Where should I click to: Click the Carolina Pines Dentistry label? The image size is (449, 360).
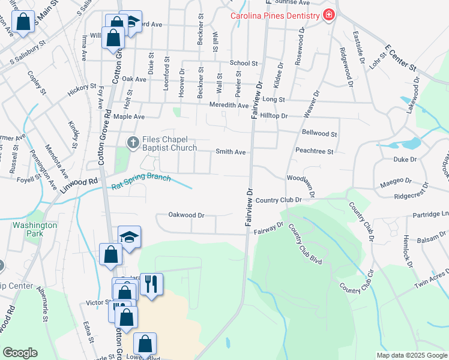coord(275,15)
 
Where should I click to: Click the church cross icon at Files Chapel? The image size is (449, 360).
coord(133,142)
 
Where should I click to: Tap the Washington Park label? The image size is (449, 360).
coord(34,230)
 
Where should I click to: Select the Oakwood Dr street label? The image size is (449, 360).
coord(187,215)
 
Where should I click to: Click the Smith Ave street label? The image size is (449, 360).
coord(231,152)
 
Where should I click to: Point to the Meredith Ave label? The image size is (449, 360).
coord(229,106)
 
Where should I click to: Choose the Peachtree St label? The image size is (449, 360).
coord(314,152)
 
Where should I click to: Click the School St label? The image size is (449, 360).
coord(244,63)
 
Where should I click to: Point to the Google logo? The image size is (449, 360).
coord(20,353)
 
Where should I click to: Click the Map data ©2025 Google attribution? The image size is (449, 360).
coord(412,355)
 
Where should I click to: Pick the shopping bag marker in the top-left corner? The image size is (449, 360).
coord(23,23)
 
